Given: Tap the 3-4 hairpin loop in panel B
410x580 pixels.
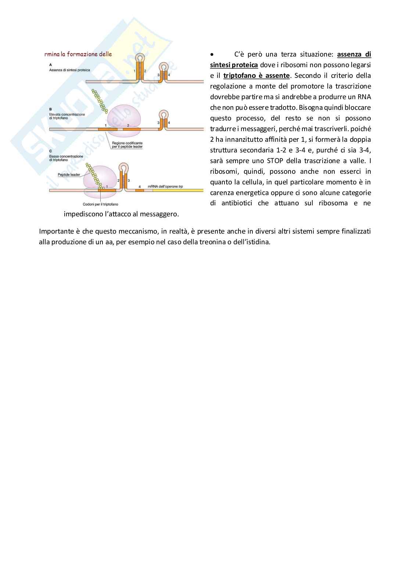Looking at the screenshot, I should tap(163, 115).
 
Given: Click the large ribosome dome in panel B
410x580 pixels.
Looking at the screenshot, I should tap(124, 116).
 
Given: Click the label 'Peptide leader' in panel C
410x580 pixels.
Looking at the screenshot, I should tap(69, 174).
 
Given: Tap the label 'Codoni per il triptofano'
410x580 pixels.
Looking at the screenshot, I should tap(100, 204).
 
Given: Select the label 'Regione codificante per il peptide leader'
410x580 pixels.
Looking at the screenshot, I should tap(127, 145).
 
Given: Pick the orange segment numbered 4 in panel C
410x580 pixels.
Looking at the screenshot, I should tap(139, 190).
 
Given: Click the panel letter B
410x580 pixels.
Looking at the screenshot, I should tap(50, 109).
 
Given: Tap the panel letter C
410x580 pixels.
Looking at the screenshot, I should tap(50, 151).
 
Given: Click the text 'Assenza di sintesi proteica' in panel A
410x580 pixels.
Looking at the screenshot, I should tap(69, 70).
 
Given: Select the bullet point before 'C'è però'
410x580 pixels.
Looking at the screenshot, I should tap(212, 54).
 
